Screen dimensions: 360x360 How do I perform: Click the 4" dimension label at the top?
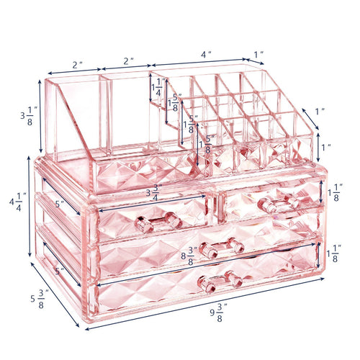tap(207, 54)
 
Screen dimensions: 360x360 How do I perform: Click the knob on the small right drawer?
tap(276, 203)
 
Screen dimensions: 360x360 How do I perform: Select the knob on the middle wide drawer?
tap(221, 248)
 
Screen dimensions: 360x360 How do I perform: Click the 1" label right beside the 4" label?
tap(258, 55)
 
